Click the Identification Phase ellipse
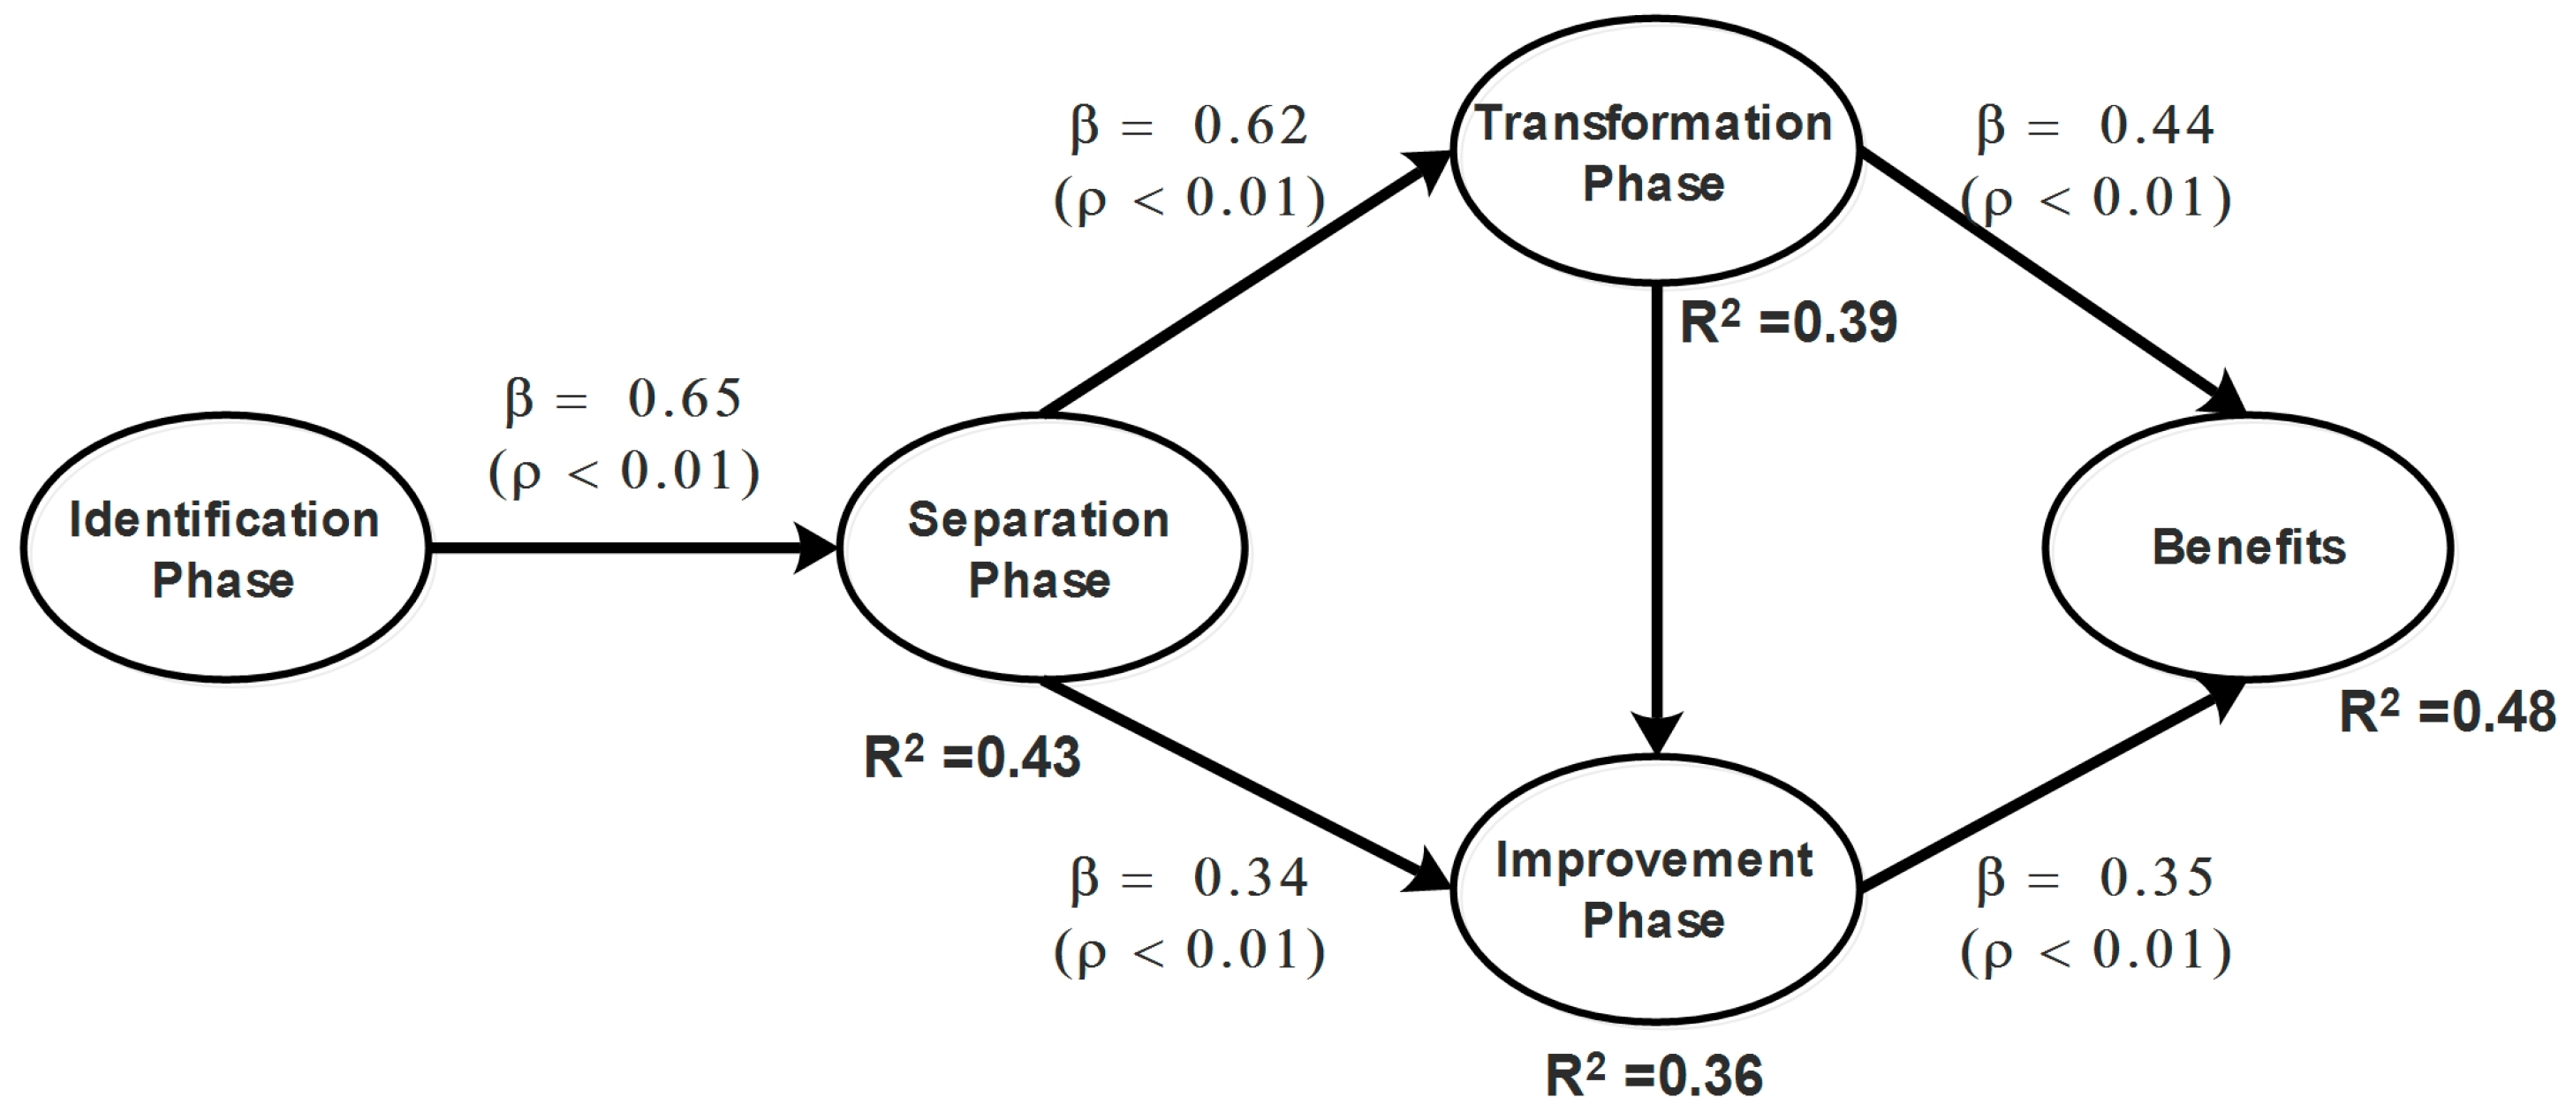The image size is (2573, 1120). click(x=224, y=548)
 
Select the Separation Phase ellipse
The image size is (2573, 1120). click(x=1041, y=548)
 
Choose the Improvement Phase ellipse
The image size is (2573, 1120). click(x=1654, y=889)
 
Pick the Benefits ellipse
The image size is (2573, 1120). click(x=2247, y=548)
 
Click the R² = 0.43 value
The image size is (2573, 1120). click(x=972, y=757)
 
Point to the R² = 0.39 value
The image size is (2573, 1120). click(x=1788, y=322)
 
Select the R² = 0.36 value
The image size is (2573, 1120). click(x=1654, y=1076)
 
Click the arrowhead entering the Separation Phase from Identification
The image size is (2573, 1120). click(x=814, y=548)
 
